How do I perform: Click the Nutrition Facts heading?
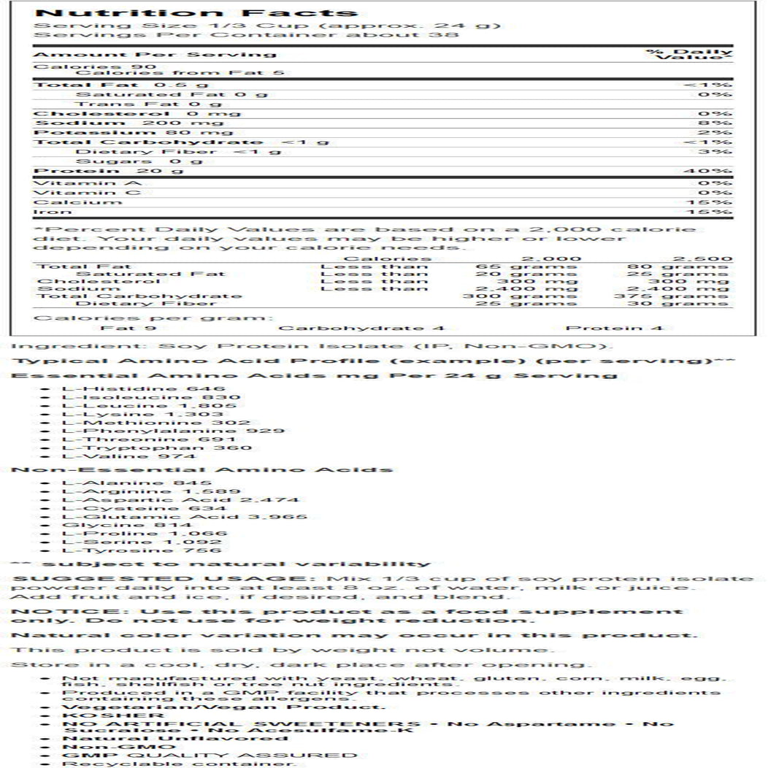pyautogui.click(x=196, y=13)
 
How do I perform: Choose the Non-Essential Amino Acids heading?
pyautogui.click(x=202, y=469)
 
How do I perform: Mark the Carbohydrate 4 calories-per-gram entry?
pyautogui.click(x=361, y=329)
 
